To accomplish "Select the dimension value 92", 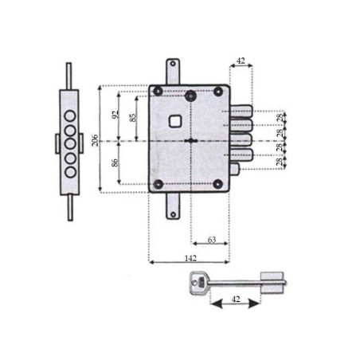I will [115, 115].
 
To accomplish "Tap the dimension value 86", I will [115, 163].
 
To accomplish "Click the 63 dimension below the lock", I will [211, 238].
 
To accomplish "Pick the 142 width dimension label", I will [190, 258].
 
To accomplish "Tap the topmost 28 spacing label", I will [280, 118].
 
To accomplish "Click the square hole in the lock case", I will [176, 122].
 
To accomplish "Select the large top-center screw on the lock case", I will [190, 96].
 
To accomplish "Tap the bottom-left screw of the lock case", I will [158, 185].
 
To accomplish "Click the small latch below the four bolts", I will [235, 170].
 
